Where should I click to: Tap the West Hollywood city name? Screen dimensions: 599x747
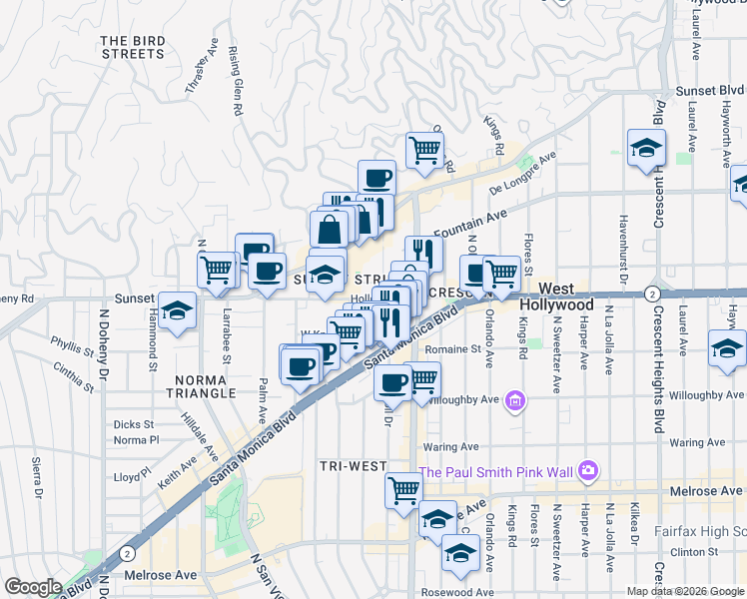pyautogui.click(x=556, y=296)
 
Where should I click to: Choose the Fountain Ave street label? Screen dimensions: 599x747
pyautogui.click(x=469, y=220)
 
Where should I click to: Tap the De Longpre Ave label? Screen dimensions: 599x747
pyautogui.click(x=522, y=174)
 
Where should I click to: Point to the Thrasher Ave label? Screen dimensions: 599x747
pyautogui.click(x=202, y=68)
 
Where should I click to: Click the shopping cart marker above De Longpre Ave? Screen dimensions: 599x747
pyautogui.click(x=424, y=150)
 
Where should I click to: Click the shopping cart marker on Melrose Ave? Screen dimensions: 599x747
pyautogui.click(x=403, y=491)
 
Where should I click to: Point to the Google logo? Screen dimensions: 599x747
pyautogui.click(x=34, y=587)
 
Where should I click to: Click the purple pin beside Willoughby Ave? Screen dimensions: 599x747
pyautogui.click(x=515, y=401)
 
